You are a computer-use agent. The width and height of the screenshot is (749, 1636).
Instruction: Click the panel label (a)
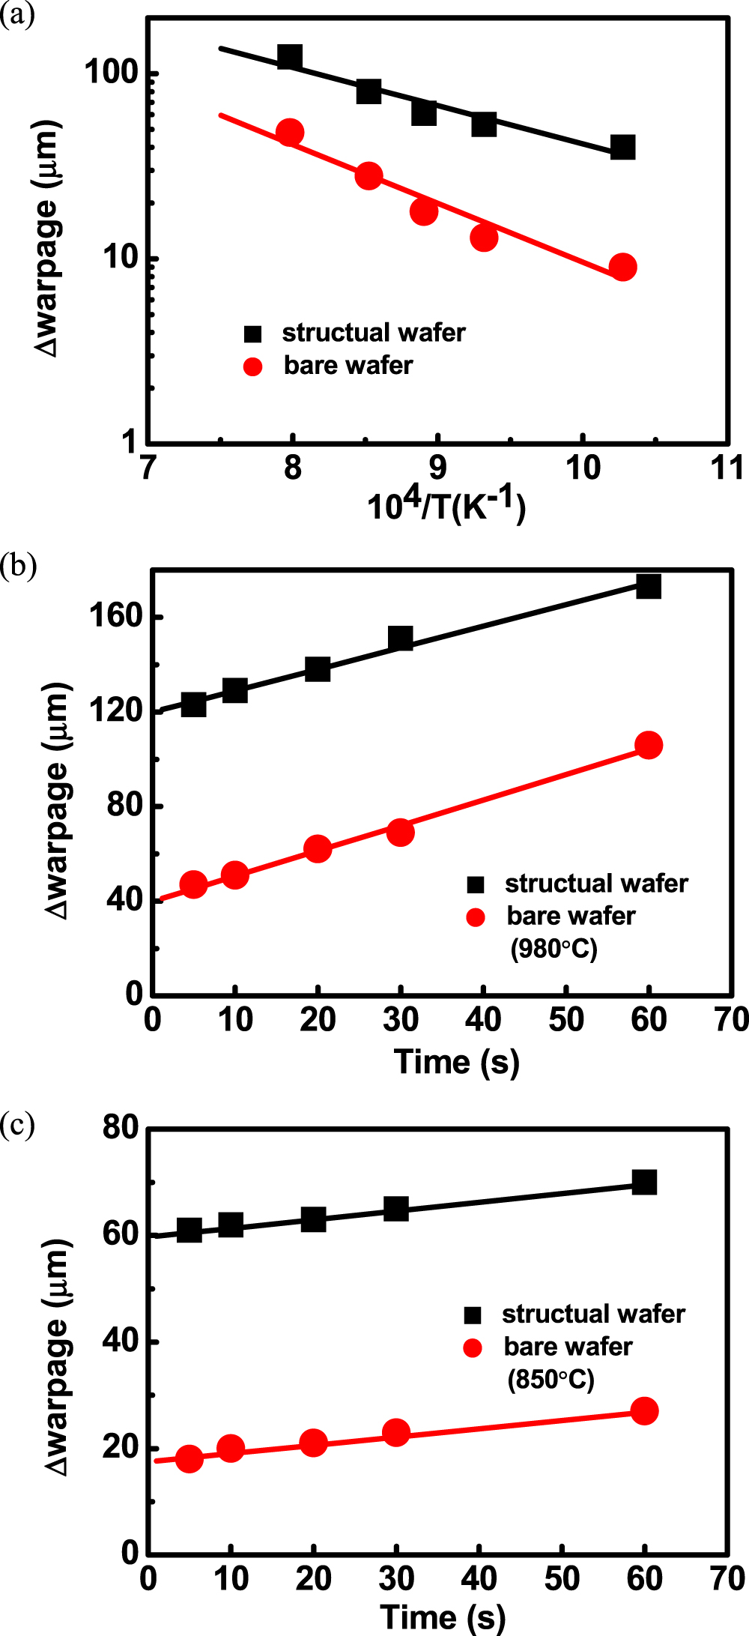17,15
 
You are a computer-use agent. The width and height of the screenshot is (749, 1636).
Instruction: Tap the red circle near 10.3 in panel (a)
622,267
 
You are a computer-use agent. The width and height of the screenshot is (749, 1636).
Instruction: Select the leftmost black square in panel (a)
289,57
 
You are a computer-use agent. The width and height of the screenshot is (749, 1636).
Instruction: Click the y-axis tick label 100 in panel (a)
112,73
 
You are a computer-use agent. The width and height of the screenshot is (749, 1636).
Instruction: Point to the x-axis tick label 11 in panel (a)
727,468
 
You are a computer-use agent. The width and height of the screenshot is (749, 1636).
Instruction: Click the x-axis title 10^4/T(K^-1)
446,506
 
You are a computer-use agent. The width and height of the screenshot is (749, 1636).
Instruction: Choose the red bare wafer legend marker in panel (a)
253,366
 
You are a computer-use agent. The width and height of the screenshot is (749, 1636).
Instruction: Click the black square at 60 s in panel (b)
649,586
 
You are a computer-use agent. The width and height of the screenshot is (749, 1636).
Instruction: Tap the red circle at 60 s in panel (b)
649,745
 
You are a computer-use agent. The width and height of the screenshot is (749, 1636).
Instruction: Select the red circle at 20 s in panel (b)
318,848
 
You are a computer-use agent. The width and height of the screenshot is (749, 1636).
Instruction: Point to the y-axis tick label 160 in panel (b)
116,616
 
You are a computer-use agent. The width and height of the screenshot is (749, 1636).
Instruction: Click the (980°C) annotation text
554,949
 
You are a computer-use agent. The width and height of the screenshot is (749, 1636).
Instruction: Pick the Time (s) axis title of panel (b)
456,1063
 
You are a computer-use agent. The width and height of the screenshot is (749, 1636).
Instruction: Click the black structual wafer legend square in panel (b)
476,884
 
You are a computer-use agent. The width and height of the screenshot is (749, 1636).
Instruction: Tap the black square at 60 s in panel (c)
644,1182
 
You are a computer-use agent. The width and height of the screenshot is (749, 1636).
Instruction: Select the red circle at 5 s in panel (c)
189,1458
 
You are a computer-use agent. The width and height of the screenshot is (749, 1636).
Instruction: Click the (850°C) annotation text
551,1379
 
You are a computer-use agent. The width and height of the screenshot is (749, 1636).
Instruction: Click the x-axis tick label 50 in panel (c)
562,1578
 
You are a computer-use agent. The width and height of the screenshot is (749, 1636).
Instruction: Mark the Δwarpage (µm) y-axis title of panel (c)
58,1356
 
